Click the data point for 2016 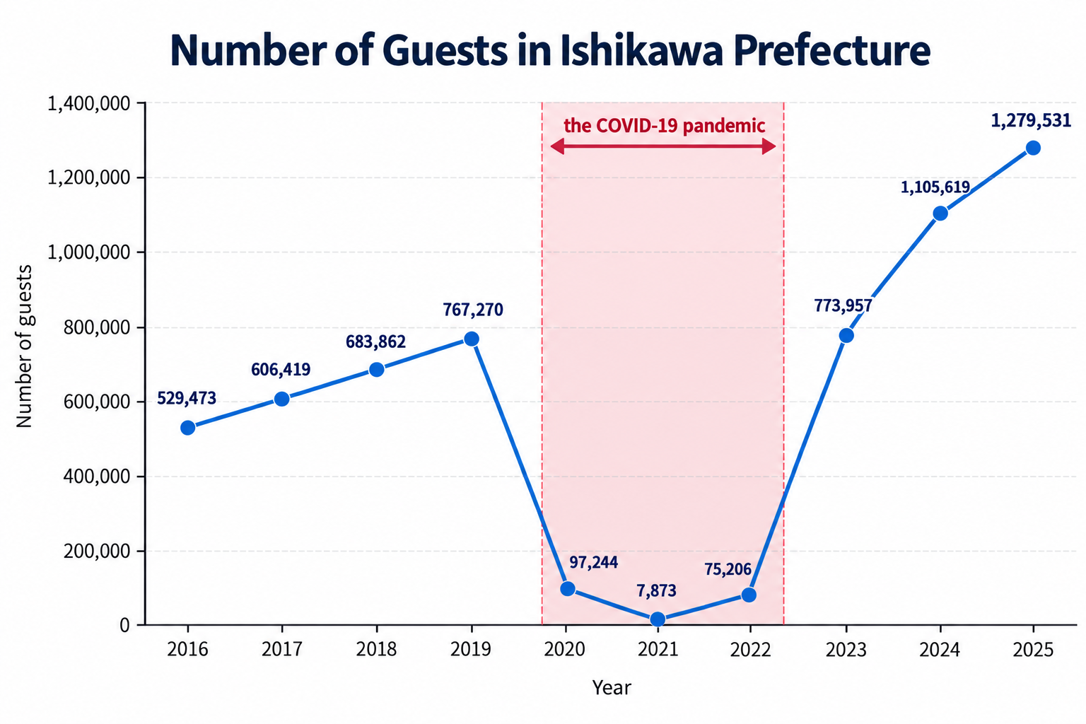click(188, 428)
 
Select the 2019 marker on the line click(472, 339)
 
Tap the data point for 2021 click(658, 619)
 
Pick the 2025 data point click(1033, 148)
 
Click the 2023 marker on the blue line click(846, 336)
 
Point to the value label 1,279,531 click(1031, 121)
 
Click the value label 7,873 click(656, 590)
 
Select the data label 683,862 click(375, 342)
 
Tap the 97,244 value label click(593, 563)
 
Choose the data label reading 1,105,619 click(935, 187)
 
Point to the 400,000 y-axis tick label click(97, 477)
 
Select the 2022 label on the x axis click(750, 650)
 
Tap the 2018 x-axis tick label click(376, 650)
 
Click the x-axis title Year click(612, 688)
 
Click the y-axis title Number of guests click(23, 346)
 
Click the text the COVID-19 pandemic click(664, 126)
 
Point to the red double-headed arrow click(663, 146)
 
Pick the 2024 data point click(940, 214)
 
